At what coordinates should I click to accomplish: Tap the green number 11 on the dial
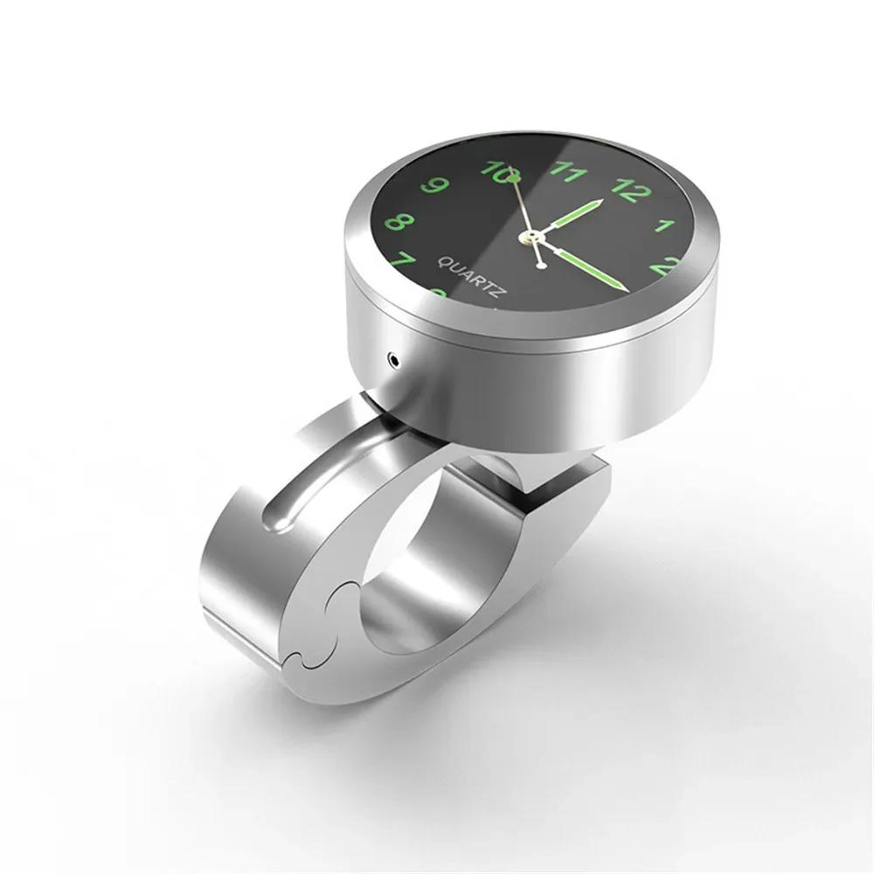point(568,170)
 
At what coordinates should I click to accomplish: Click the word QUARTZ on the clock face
point(469,278)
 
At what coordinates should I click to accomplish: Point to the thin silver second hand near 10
point(518,198)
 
